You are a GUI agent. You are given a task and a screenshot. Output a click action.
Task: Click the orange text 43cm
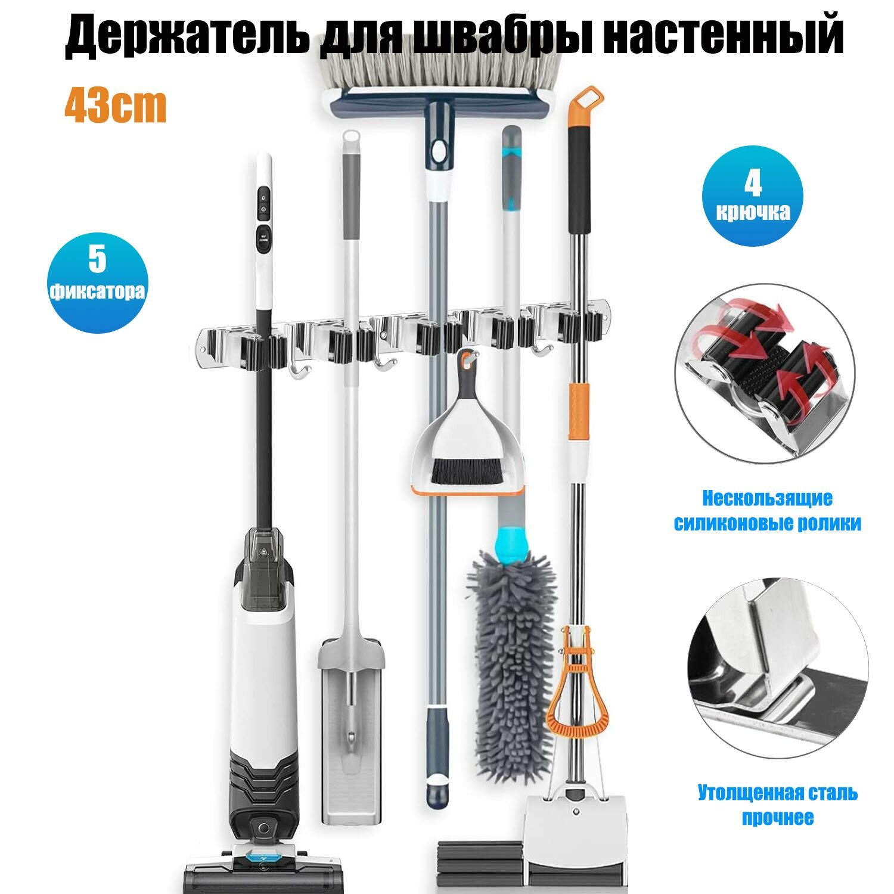116,105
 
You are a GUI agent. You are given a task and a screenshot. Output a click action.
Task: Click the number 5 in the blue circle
97,258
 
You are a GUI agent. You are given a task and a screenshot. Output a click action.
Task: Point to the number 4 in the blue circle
753,184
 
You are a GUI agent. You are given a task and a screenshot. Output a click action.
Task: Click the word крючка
753,212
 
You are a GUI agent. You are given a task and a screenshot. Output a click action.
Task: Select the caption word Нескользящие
767,498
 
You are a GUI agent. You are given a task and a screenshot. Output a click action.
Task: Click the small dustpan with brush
468,441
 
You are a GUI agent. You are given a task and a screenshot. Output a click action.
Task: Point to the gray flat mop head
351,733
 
